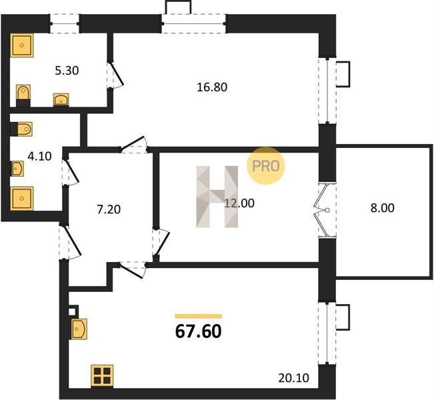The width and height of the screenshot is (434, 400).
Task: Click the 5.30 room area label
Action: [67, 71]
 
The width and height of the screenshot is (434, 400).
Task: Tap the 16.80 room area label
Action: [212, 87]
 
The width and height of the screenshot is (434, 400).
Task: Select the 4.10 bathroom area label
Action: [39, 157]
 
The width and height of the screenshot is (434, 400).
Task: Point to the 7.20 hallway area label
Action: [109, 209]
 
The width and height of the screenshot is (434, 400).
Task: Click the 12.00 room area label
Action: [239, 203]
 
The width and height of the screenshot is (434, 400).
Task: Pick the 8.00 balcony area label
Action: [382, 208]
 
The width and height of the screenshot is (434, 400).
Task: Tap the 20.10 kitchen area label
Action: [293, 378]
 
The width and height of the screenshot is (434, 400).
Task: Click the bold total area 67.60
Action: [199, 331]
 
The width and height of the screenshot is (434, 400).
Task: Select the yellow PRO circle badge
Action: [266, 166]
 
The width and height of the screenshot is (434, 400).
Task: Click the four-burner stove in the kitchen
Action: [102, 375]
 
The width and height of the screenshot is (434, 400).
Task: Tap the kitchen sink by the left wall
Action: [79, 329]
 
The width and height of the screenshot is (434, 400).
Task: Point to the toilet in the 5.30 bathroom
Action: [23, 93]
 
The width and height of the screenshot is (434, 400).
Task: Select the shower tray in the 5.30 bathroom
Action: [21, 45]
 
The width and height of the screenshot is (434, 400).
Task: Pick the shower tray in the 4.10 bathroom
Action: [21, 199]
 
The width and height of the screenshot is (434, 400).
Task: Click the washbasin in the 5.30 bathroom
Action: [61, 99]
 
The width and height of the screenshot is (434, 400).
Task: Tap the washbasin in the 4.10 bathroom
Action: [17, 168]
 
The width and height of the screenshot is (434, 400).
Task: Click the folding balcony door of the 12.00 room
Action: [322, 211]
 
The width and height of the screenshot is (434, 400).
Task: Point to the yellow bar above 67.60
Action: [199, 317]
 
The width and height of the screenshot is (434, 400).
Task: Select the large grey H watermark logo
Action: [217, 197]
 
